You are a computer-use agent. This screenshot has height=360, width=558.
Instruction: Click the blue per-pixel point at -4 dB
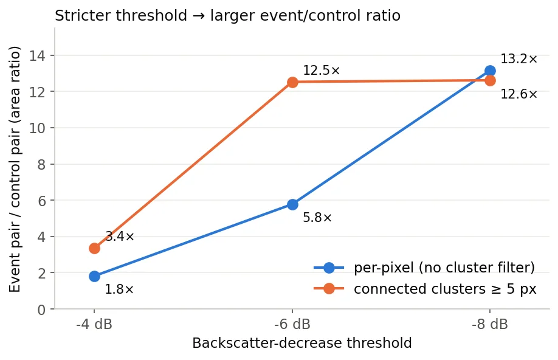coord(94,276)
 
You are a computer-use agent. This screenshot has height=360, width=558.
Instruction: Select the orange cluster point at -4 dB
coord(94,248)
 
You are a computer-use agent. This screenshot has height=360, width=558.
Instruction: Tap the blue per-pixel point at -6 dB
coord(292,204)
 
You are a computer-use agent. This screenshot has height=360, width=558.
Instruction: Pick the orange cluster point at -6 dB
coord(292,82)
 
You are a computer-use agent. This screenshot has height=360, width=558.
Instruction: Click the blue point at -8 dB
coord(490,71)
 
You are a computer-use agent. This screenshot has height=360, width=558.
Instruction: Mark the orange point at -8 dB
coord(490,81)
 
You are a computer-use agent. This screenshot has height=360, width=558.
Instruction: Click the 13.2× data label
coord(519,59)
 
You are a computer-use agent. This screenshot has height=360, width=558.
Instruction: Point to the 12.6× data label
coord(519,94)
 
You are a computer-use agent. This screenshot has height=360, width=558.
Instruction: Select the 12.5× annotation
coord(322,71)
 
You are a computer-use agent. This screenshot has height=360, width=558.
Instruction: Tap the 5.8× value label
coord(317,218)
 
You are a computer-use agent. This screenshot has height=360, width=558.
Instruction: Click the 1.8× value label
coord(119,289)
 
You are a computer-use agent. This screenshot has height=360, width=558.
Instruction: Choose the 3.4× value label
coord(120,237)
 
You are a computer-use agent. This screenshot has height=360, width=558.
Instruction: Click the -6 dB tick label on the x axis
coord(292,324)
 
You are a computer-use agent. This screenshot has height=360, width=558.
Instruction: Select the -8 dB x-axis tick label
coord(490,324)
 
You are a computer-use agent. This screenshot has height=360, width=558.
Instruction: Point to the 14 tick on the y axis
coord(37,56)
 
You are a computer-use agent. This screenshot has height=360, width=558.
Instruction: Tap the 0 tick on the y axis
coord(41,310)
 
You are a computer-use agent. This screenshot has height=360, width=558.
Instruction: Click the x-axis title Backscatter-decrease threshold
coord(301,343)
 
